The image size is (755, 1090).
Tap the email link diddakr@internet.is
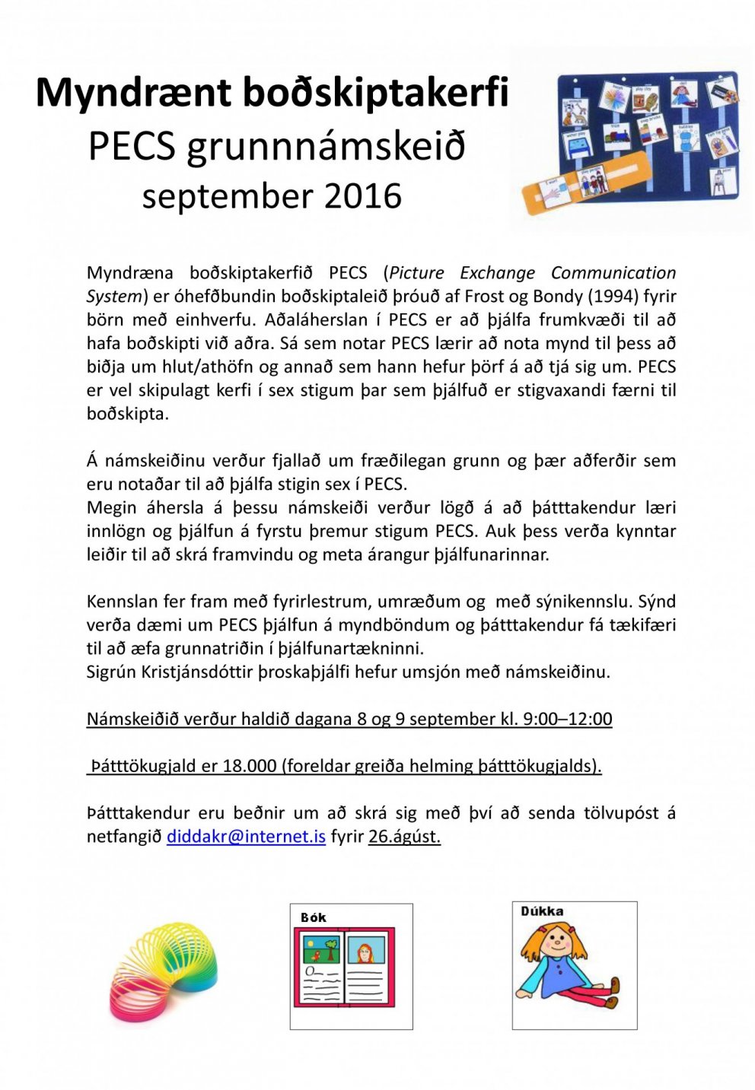tap(246, 837)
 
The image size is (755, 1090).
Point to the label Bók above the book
tap(313, 917)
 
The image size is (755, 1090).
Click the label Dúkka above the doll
tap(542, 911)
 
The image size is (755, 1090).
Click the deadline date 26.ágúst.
tap(404, 837)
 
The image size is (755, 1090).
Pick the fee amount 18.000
tap(250, 766)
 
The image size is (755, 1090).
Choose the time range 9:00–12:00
tap(567, 719)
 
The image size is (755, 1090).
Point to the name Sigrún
tap(110, 672)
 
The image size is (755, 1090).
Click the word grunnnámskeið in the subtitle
tap(326, 146)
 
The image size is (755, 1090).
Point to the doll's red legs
tap(583, 996)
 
